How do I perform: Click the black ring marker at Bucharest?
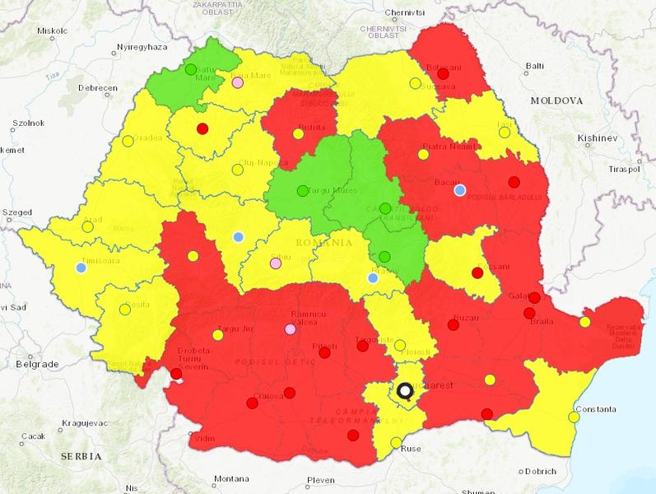pos(405,390)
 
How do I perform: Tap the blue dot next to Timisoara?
pos(81,267)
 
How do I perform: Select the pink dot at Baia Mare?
pos(238,82)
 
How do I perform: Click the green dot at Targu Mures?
pos(302,191)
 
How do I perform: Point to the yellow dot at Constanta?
pos(574,417)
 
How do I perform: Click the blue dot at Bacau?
pos(460,190)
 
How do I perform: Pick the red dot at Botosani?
pos(444,74)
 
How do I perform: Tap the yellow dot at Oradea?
pos(128,141)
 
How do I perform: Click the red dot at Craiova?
pos(289,392)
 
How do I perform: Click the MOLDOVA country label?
pos(556,100)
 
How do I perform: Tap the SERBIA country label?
pos(80,455)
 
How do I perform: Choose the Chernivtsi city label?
pos(403,13)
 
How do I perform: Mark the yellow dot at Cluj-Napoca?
pos(238,170)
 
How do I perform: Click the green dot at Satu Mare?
pos(191,70)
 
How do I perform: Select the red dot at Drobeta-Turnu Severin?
pos(176,374)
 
